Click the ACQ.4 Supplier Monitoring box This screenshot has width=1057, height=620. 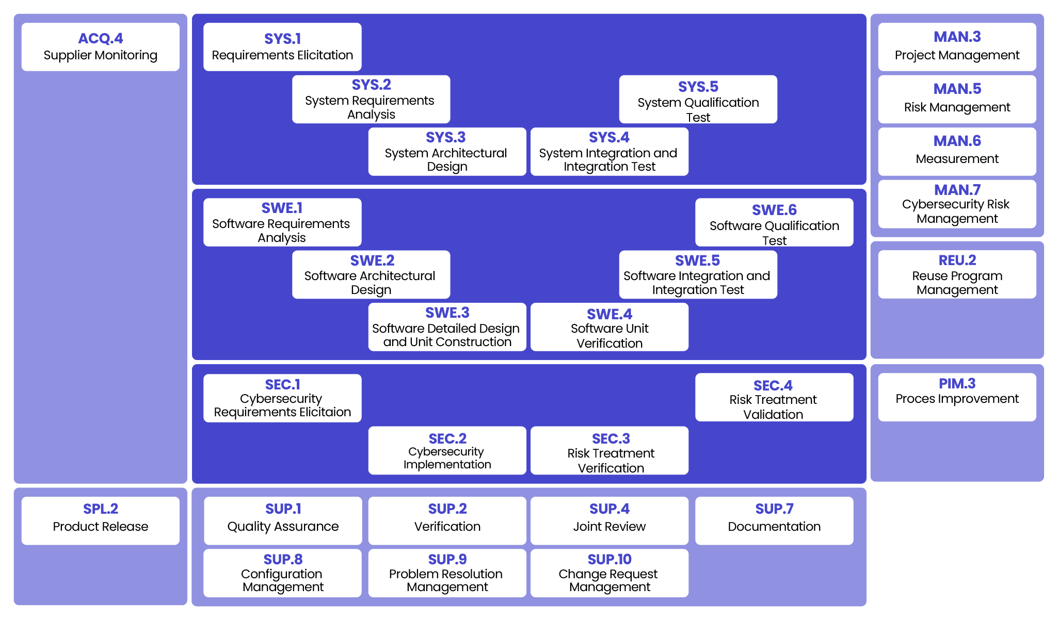click(100, 47)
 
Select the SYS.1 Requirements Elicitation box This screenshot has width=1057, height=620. click(282, 47)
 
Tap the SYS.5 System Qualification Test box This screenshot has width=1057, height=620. click(698, 100)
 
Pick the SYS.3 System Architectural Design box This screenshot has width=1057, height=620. click(447, 152)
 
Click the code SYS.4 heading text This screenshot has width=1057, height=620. click(609, 137)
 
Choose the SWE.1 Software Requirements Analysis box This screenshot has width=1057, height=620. click(282, 222)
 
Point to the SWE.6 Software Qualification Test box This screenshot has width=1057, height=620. click(774, 222)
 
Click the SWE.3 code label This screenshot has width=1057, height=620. click(447, 313)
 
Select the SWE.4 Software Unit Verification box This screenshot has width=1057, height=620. click(609, 327)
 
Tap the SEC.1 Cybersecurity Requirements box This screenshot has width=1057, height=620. click(282, 398)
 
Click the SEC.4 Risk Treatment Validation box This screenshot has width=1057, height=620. click(774, 397)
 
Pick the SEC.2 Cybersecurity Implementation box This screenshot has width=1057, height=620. click(447, 450)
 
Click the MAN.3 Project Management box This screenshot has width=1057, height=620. click(957, 47)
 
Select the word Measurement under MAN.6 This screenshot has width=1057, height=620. click(957, 159)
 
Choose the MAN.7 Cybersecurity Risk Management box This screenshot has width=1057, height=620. click(957, 204)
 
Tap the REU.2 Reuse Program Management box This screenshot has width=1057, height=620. click(957, 274)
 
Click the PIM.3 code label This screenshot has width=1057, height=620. click(957, 383)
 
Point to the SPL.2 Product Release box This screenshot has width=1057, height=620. click(100, 520)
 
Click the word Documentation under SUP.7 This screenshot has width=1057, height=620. click(774, 527)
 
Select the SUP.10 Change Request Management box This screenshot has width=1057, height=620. click(609, 573)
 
